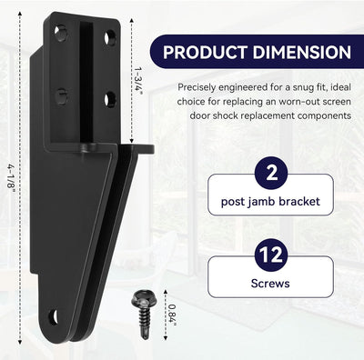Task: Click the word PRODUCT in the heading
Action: point(206,52)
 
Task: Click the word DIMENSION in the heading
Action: point(302,52)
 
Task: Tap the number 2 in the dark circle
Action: point(271,174)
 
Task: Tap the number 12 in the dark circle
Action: point(271,255)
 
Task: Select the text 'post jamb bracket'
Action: point(270,202)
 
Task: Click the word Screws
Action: point(270,284)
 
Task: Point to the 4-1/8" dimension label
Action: point(11,180)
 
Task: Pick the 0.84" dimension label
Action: point(172,315)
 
